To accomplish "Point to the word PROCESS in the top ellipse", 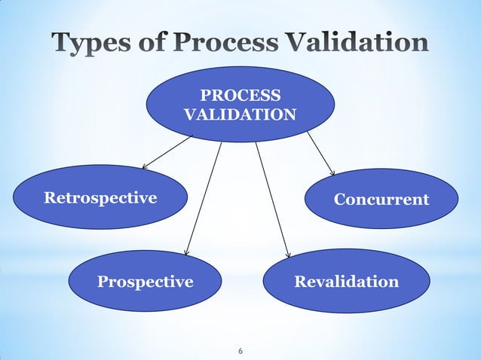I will (x=240, y=96).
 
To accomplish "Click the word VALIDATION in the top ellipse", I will (x=240, y=115).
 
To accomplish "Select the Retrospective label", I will (x=100, y=198).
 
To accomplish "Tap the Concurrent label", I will (x=381, y=199).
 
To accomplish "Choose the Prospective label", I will (x=146, y=282).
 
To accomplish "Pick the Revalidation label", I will (x=346, y=282).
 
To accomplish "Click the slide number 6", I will (x=240, y=352).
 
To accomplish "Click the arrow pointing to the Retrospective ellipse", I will (x=167, y=152).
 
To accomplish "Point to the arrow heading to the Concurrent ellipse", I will (x=320, y=154).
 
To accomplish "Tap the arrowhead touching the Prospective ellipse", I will (x=187, y=252).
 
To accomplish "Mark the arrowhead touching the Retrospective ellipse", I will (x=145, y=166).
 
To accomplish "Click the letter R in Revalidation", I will (x=299, y=282).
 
